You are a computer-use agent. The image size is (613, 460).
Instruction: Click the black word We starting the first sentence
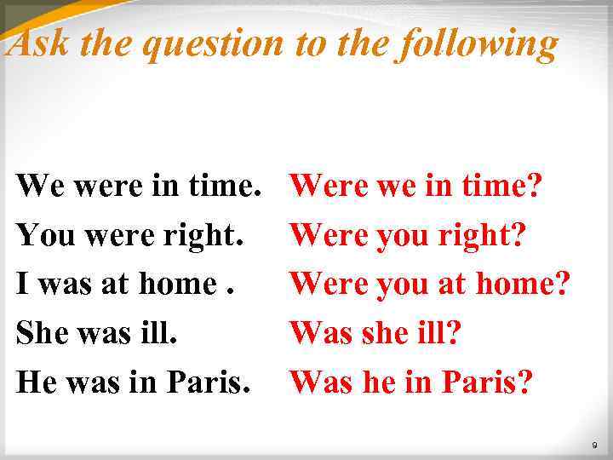click(x=39, y=183)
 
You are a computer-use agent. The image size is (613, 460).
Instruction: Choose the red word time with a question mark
click(x=501, y=183)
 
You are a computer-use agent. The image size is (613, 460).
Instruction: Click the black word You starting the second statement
click(x=43, y=233)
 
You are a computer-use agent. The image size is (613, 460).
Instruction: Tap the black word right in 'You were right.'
click(x=203, y=235)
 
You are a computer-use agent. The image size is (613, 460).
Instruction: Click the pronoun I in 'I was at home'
click(x=22, y=283)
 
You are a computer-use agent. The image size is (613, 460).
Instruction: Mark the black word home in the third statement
click(x=179, y=283)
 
